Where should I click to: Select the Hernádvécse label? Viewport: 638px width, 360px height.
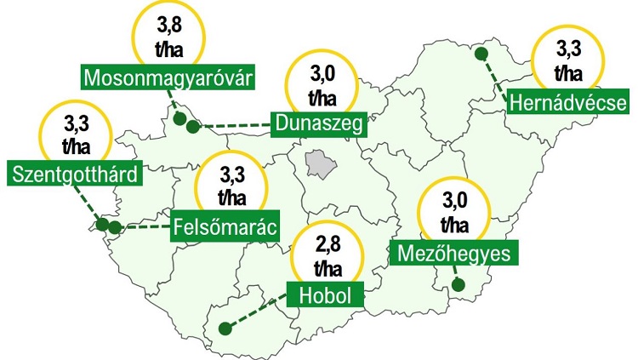(567, 102)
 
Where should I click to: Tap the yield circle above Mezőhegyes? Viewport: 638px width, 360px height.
(454, 213)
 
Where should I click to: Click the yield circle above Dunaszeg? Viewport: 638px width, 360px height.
(321, 83)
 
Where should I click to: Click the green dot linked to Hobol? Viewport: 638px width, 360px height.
(225, 329)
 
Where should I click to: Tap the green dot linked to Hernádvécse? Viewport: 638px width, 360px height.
(481, 54)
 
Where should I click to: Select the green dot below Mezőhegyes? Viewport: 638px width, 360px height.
(459, 285)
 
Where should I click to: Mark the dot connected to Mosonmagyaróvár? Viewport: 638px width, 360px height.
(179, 118)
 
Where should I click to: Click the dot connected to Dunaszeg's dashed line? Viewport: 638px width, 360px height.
(193, 127)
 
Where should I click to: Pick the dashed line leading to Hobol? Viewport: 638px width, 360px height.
(259, 311)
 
